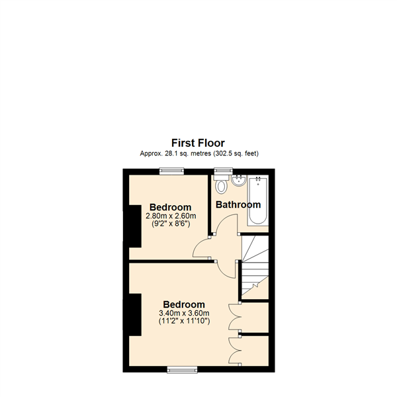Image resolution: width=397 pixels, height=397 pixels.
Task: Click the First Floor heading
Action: [x=198, y=143]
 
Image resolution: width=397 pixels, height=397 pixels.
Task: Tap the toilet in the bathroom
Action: [x=221, y=184]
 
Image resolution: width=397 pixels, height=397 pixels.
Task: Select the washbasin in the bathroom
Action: [x=238, y=181]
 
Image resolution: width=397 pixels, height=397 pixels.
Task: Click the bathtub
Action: [x=258, y=200]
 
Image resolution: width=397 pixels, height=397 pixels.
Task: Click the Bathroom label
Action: [x=238, y=204]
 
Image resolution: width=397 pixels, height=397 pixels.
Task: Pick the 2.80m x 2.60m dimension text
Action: [x=171, y=216]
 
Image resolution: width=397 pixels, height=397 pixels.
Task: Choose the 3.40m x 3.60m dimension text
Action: [x=184, y=313]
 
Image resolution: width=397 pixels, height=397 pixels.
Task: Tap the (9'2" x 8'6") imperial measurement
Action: [x=171, y=224]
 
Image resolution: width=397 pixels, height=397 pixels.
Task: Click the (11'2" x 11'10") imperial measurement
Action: [x=185, y=321]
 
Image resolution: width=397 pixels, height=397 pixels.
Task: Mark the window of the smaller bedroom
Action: [x=171, y=171]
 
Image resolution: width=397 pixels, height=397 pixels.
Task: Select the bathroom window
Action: [x=224, y=171]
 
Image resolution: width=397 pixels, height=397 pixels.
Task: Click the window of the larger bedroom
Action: [x=182, y=371]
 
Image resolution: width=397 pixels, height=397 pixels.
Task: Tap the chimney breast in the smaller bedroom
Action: [x=135, y=226]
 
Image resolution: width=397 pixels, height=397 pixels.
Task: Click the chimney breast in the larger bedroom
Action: [x=135, y=315]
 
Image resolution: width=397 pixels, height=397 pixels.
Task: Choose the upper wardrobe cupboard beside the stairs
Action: [x=255, y=318]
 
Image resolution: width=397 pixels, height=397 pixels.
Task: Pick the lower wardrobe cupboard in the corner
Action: [x=255, y=351]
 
